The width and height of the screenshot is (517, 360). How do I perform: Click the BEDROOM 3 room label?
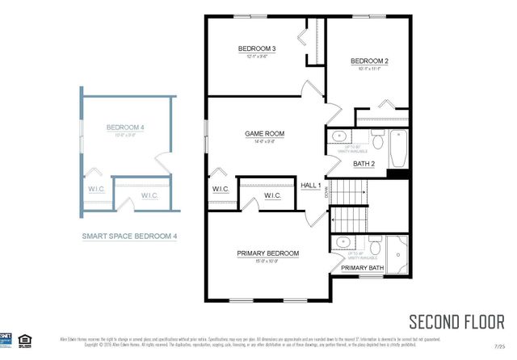(x=257, y=49)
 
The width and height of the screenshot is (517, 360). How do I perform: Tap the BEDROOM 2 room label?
(x=370, y=61)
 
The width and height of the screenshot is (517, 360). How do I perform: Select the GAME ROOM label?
(x=265, y=133)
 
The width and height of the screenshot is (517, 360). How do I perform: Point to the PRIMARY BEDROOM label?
(x=268, y=253)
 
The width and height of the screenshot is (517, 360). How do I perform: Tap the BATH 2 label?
(x=364, y=164)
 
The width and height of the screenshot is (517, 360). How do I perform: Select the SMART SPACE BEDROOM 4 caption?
(x=129, y=237)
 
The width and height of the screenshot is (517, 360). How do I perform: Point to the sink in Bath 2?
(x=340, y=136)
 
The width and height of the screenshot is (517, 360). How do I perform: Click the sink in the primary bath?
(x=343, y=241)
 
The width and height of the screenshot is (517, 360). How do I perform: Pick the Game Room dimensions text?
(x=265, y=141)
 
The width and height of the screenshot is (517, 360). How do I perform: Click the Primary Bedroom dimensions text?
(x=268, y=262)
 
